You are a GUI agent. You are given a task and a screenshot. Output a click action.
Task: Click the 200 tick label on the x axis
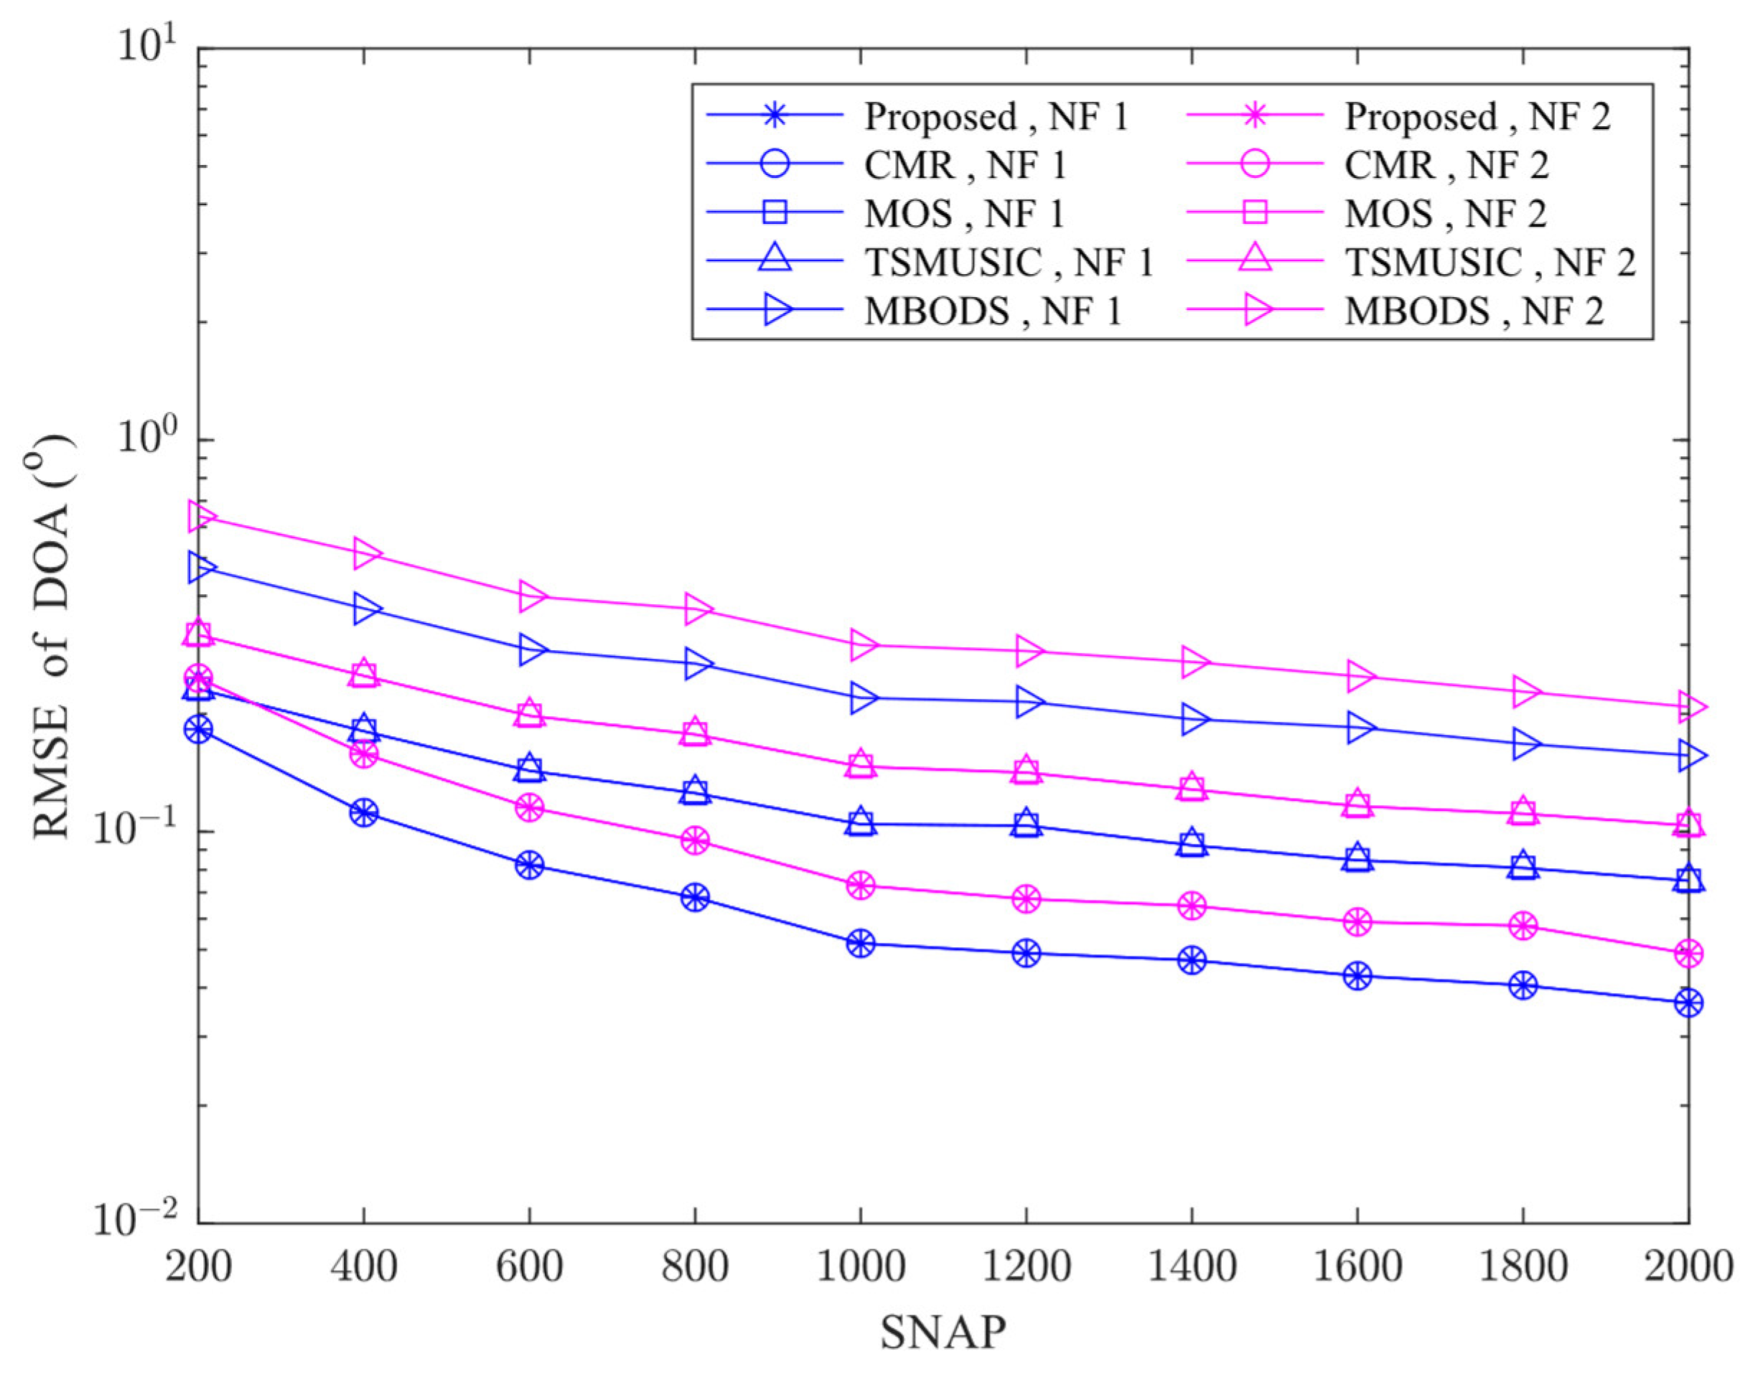(x=198, y=1266)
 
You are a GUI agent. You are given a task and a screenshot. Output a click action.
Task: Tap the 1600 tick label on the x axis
(x=1357, y=1266)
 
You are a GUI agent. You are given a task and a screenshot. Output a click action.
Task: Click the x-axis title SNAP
(x=943, y=1333)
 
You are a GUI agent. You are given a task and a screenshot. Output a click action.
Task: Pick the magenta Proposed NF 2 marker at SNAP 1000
(x=861, y=885)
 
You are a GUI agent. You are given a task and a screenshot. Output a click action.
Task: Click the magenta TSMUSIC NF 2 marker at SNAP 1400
(x=1192, y=787)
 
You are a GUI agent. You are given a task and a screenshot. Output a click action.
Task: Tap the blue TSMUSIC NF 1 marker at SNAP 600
(x=530, y=769)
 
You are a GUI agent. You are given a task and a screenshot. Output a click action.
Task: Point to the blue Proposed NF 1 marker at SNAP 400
(x=363, y=812)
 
